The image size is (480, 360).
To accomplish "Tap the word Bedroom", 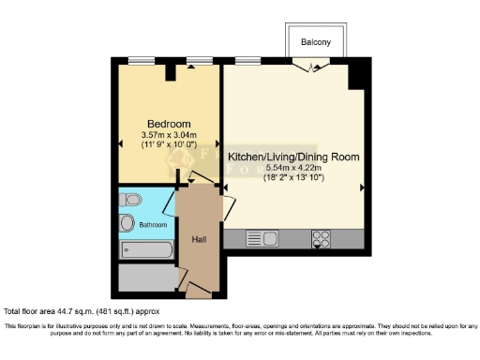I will pos(170,124).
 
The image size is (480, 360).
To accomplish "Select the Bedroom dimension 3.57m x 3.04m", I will pos(169,135).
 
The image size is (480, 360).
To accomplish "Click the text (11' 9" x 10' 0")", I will pos(169,145).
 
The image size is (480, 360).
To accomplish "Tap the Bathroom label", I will pos(153,225).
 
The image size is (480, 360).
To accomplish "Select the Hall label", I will pos(199,240).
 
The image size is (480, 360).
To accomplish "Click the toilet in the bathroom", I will pos(131,199).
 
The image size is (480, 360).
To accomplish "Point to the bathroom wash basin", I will pos(127,223).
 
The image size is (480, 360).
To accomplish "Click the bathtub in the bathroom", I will pos(146,250).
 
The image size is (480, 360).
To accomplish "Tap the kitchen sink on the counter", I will pos(258,236).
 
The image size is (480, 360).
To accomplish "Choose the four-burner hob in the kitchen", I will pos(321,236).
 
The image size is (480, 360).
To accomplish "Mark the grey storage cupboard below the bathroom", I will pos(146,278).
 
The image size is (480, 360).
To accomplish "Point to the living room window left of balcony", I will pos(248,61).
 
